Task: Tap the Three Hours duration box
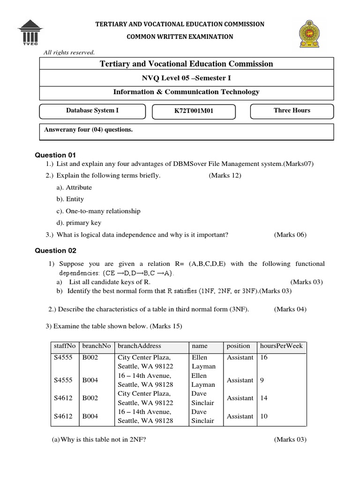point(292,111)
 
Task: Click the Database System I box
point(92,111)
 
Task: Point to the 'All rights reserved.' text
point(69,52)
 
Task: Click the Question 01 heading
point(55,155)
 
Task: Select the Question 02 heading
point(55,251)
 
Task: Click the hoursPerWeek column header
point(281,346)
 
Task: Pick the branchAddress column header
point(139,346)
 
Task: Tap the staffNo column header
point(65,346)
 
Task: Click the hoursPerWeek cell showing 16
point(264,358)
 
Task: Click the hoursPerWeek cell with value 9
point(262,380)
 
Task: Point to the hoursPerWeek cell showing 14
point(264,398)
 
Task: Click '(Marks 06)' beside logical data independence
point(290,235)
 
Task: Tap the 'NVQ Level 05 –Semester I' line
point(187,78)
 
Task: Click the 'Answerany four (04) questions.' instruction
point(88,130)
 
